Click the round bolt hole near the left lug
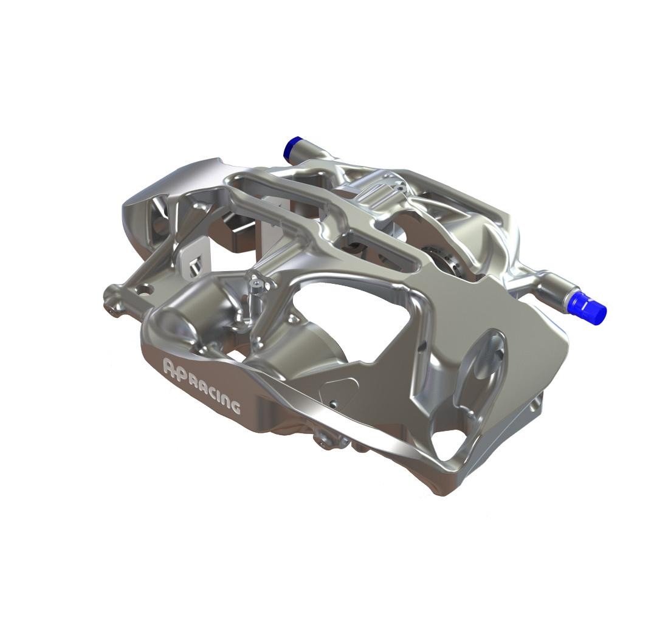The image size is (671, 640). pyautogui.click(x=148, y=290)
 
